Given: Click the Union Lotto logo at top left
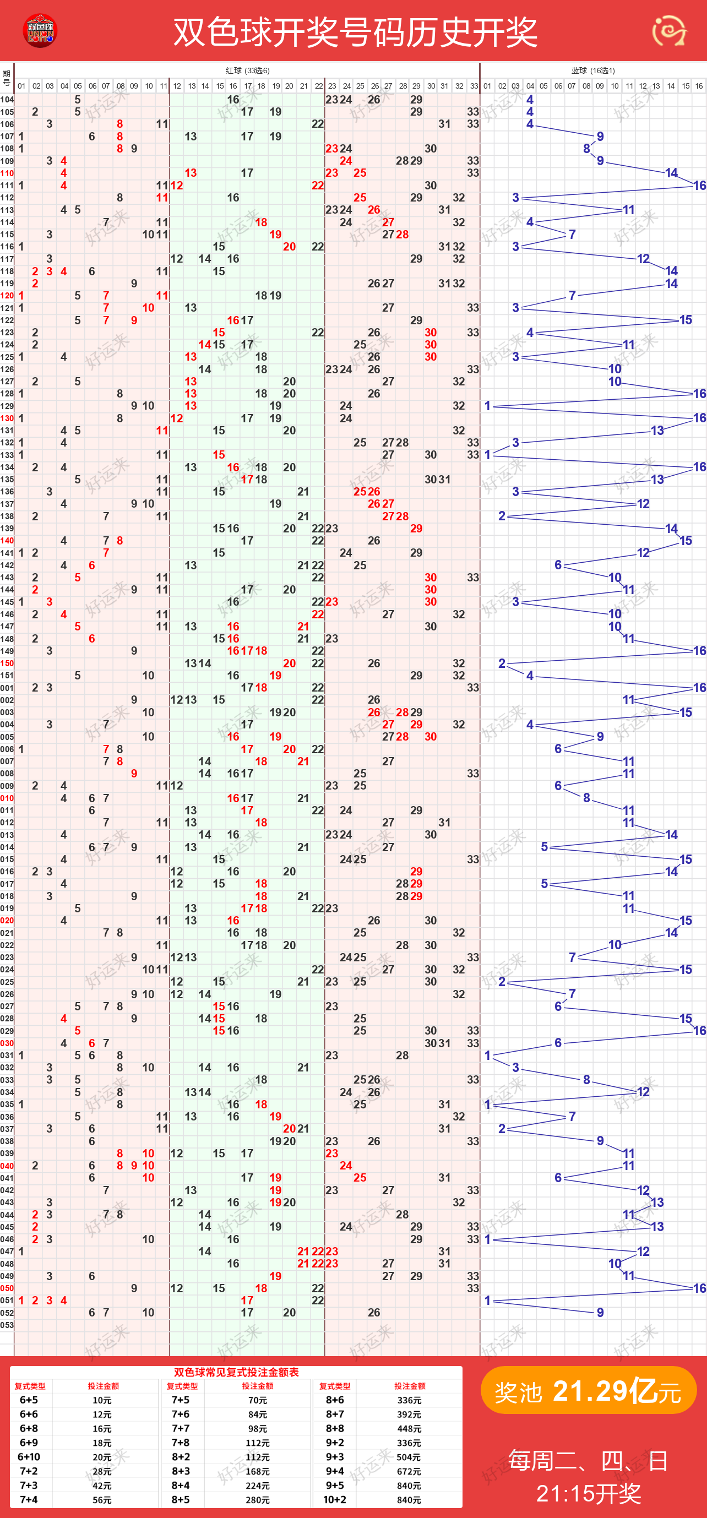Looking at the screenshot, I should pos(40,31).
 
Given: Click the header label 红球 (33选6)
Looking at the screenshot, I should pos(247,70).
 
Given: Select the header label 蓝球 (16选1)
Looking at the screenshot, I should pos(592,70).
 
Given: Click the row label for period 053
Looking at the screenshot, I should pos(7,1325).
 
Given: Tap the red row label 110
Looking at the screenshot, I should pos(7,173).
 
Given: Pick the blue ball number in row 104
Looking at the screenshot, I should pos(530,100).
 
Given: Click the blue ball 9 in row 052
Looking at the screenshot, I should pos(600,1312).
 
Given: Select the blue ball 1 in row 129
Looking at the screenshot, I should pos(487,406).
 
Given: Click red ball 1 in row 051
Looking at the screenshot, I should pos(21,1301).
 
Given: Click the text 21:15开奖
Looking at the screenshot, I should pos(588,1494).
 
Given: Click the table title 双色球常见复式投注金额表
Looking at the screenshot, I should pos(236,1373).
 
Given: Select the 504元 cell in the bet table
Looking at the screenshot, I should pos(409,1457).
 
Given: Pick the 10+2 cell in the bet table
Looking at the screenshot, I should pos(335,1500).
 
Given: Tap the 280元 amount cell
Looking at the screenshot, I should pos(258,1500).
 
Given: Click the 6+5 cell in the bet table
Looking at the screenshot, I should pos(29,1400).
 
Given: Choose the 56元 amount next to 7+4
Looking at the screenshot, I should pos(102,1500).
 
